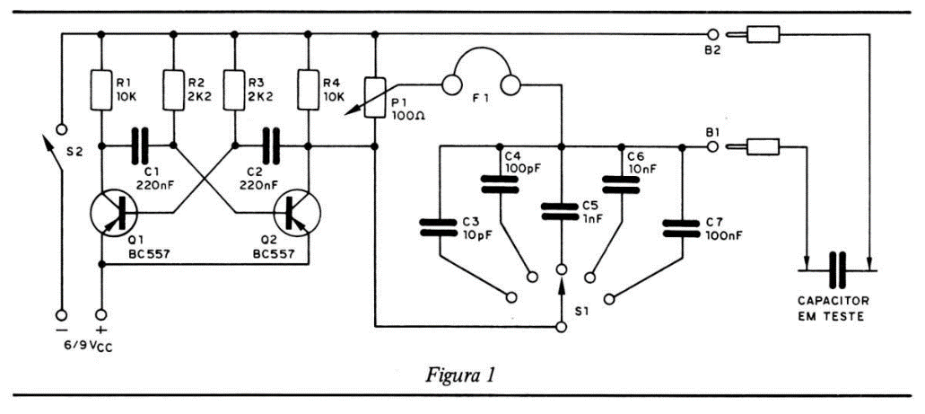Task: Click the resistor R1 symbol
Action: (x=100, y=91)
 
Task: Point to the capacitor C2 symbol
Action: (x=270, y=144)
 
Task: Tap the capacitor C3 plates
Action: (x=441, y=226)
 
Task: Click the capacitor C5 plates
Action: (x=562, y=212)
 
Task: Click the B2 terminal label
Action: (x=714, y=53)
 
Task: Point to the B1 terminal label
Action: (x=712, y=132)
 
